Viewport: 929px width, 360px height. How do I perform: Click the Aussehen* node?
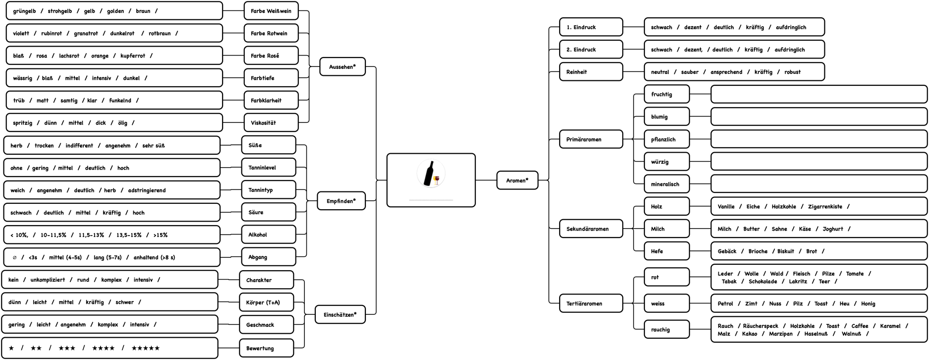tap(342, 66)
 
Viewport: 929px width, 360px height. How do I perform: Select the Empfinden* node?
tap(341, 201)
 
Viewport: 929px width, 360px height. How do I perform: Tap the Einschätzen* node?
tap(340, 314)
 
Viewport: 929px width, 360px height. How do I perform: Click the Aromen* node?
tap(517, 180)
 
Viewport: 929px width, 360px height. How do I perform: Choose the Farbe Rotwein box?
tap(271, 33)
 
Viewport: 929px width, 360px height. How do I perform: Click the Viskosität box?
tap(271, 122)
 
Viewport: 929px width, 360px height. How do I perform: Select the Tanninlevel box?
tap(268, 168)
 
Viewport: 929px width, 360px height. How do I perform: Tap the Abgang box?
tap(268, 257)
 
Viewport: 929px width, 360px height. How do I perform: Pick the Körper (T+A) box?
tap(266, 302)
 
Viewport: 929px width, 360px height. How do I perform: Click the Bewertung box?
tap(266, 348)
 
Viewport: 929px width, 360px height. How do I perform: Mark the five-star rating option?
tap(145, 348)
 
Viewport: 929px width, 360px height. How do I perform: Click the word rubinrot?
tap(52, 33)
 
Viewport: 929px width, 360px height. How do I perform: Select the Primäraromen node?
tap(590, 139)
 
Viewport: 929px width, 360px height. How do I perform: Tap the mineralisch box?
tap(666, 184)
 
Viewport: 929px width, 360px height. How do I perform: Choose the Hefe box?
tap(666, 251)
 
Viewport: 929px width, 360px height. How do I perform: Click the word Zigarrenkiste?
tap(825, 206)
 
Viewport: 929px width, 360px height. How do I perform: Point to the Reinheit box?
tap(590, 72)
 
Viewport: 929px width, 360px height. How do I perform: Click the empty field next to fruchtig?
tap(818, 94)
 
